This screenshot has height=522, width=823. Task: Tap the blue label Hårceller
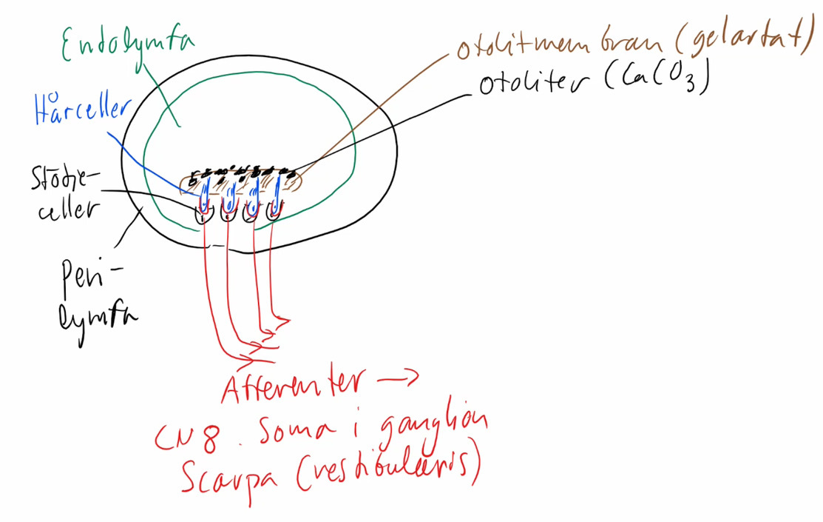[81, 111]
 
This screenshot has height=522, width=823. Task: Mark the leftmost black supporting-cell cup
[203, 215]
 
